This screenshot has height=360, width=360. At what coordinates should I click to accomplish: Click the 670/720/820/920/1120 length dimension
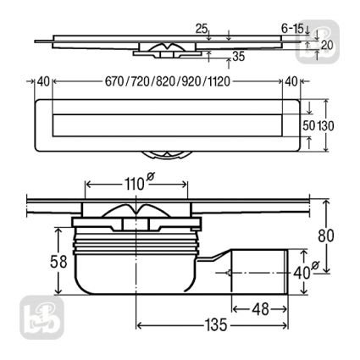[x=168, y=82]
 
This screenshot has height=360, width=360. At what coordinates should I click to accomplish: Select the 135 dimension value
[x=216, y=325]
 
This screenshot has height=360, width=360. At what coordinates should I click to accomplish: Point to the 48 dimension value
[x=261, y=309]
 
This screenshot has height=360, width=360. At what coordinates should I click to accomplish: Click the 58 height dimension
[x=58, y=262]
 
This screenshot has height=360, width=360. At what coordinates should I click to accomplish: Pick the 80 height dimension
[x=326, y=235]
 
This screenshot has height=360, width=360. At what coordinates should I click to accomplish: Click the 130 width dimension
[x=326, y=126]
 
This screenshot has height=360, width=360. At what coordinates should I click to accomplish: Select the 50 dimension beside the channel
[x=309, y=126]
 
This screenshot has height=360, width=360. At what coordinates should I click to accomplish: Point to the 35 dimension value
[x=239, y=57]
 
